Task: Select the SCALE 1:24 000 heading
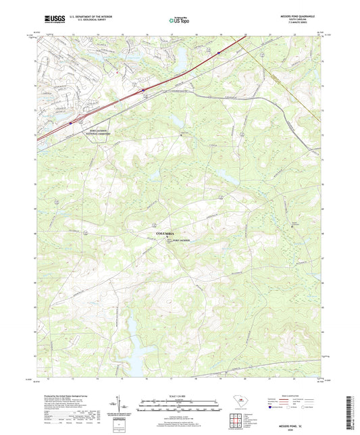click(x=179, y=395)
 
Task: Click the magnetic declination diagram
click(x=123, y=407)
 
